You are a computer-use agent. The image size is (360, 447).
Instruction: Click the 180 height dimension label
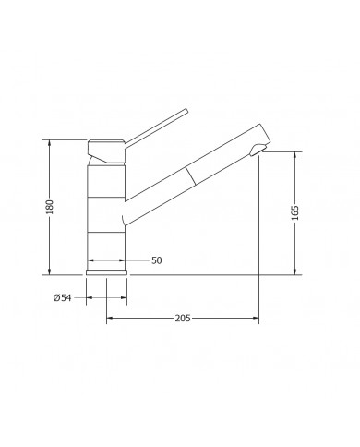click(x=50, y=207)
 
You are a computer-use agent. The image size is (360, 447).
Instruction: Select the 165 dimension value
click(x=294, y=212)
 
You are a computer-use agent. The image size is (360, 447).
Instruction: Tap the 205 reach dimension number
click(x=183, y=318)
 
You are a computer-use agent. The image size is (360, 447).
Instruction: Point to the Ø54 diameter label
click(x=63, y=297)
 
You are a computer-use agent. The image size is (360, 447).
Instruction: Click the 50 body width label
click(x=156, y=260)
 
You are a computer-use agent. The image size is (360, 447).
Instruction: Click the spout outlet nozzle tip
click(x=258, y=150)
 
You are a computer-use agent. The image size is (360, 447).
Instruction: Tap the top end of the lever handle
click(x=186, y=110)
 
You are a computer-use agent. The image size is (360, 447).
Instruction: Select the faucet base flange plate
click(x=106, y=272)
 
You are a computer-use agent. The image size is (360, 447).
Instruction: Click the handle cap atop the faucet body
click(x=106, y=151)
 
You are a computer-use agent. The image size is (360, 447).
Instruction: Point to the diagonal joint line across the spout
click(x=190, y=175)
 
